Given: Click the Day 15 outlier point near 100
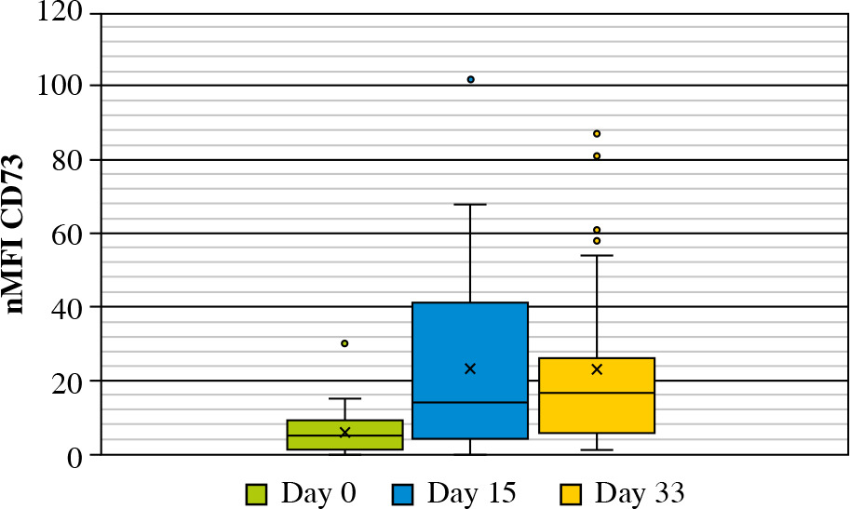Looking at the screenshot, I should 471,80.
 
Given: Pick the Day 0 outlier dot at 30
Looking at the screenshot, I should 344,343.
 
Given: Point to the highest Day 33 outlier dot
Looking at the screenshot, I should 597,134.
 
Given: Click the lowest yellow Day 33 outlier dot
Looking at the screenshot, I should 597,241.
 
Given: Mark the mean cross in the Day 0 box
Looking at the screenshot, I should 344,432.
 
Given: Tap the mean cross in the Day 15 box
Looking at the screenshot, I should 470,368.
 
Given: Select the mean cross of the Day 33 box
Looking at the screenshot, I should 597,369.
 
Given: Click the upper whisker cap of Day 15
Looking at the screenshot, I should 470,204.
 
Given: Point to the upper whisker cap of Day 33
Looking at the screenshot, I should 597,255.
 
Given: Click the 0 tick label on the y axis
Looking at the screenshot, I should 75,456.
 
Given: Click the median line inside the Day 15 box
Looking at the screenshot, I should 470,402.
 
